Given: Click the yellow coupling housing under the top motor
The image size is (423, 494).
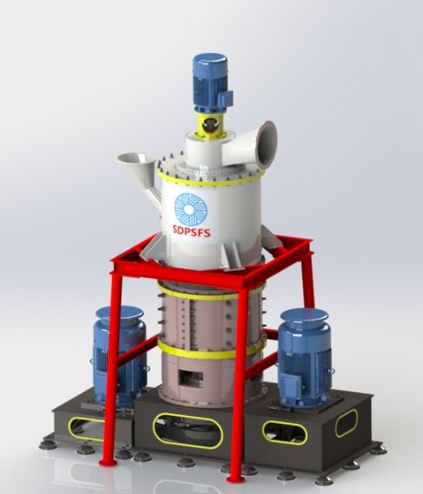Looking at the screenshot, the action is click(x=209, y=124).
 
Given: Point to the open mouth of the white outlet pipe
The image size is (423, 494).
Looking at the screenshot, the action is click(x=268, y=143).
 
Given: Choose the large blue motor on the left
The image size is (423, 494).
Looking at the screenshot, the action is click(x=120, y=354).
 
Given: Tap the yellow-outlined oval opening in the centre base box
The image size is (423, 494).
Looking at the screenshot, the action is click(x=188, y=431).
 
